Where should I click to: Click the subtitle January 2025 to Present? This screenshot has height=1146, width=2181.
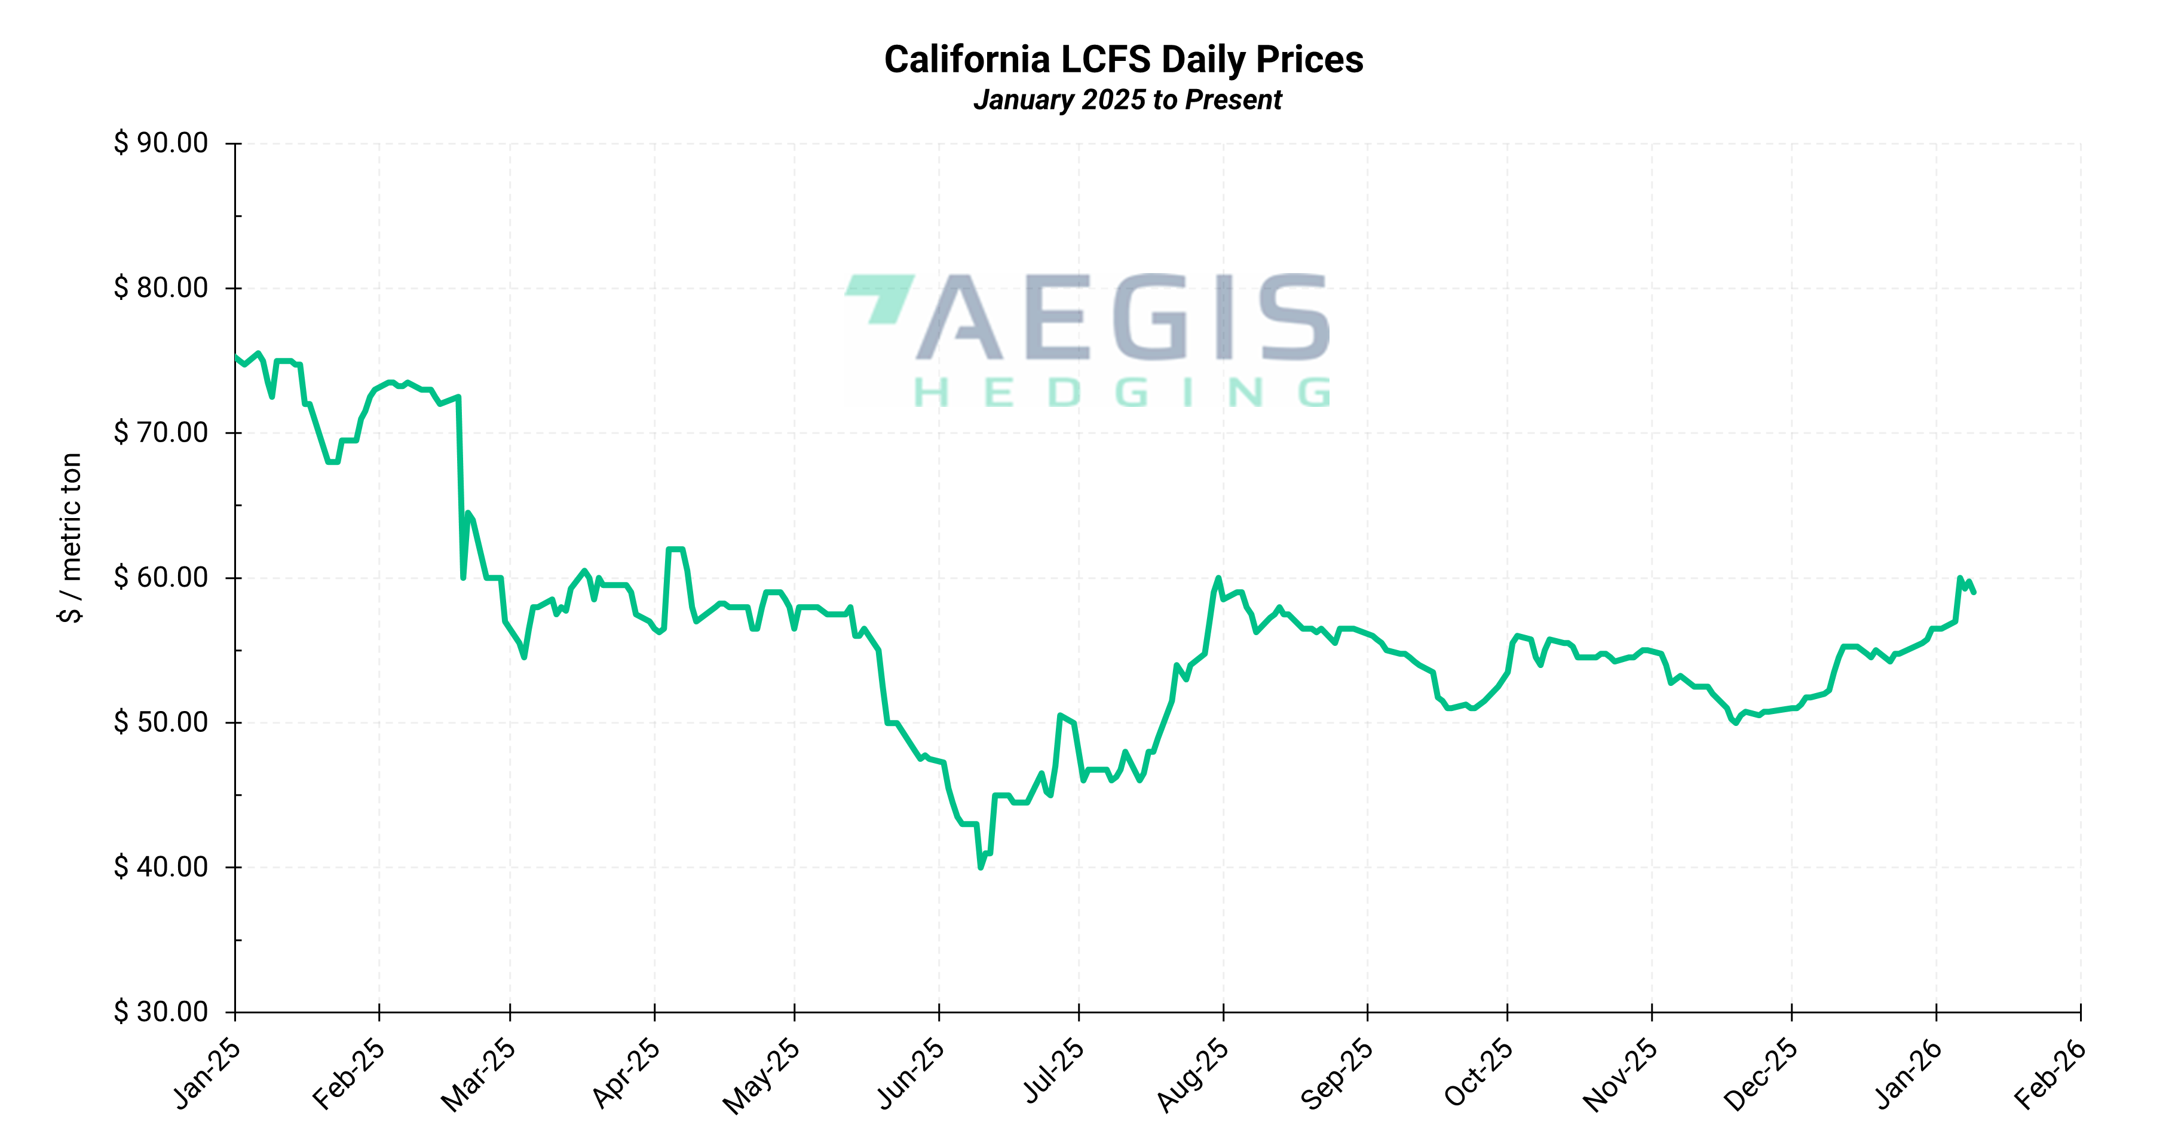pyautogui.click(x=1127, y=100)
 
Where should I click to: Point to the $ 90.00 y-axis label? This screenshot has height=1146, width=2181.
pyautogui.click(x=161, y=143)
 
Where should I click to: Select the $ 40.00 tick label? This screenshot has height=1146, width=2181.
pyautogui.click(x=161, y=867)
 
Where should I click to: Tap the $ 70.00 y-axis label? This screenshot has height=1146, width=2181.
pyautogui.click(x=161, y=433)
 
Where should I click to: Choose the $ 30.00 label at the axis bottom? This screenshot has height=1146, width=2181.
pyautogui.click(x=161, y=1012)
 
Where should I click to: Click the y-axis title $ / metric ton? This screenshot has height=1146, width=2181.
pyautogui.click(x=71, y=538)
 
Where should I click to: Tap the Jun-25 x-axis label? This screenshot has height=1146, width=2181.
pyautogui.click(x=910, y=1073)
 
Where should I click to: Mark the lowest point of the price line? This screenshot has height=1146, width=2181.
pyautogui.click(x=981, y=867)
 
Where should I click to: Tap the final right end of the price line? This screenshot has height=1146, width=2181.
pyautogui.click(x=1974, y=593)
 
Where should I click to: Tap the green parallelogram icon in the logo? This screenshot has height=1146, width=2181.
pyautogui.click(x=881, y=296)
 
